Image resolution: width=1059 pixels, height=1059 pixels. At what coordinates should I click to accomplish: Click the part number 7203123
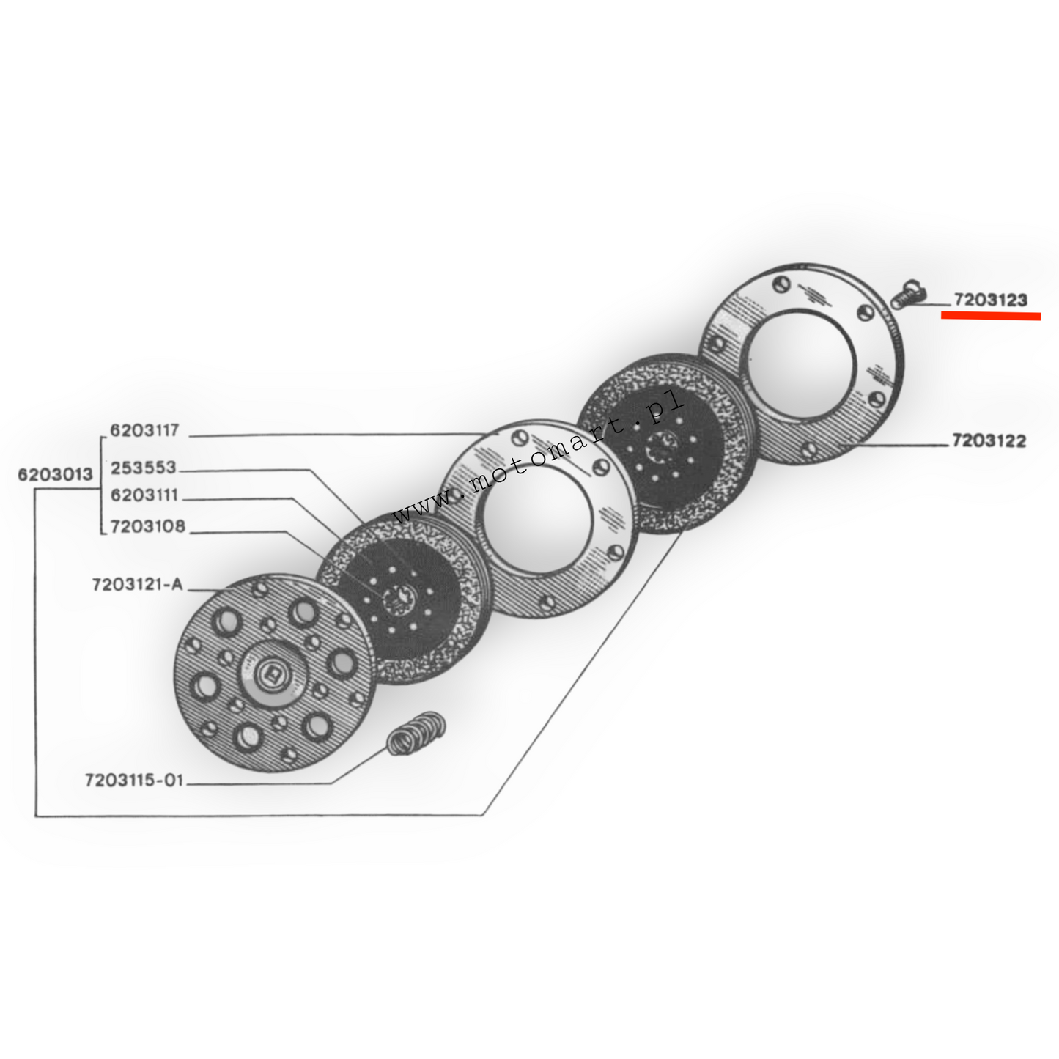989,300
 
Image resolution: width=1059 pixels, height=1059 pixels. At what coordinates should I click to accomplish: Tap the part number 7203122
989,441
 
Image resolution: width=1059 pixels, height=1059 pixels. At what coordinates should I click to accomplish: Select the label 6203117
144,430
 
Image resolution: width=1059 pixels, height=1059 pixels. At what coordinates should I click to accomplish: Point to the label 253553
144,468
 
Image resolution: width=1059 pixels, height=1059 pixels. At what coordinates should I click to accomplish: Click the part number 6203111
144,496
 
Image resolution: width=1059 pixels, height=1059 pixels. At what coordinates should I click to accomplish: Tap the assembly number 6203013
56,475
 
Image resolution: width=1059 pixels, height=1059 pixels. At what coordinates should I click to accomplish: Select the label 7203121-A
136,586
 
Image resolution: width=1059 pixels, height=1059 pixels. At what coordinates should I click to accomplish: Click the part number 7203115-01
133,781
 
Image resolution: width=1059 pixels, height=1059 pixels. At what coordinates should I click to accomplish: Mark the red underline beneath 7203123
990,316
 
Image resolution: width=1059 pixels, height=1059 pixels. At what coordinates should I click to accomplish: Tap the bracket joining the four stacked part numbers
100,480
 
